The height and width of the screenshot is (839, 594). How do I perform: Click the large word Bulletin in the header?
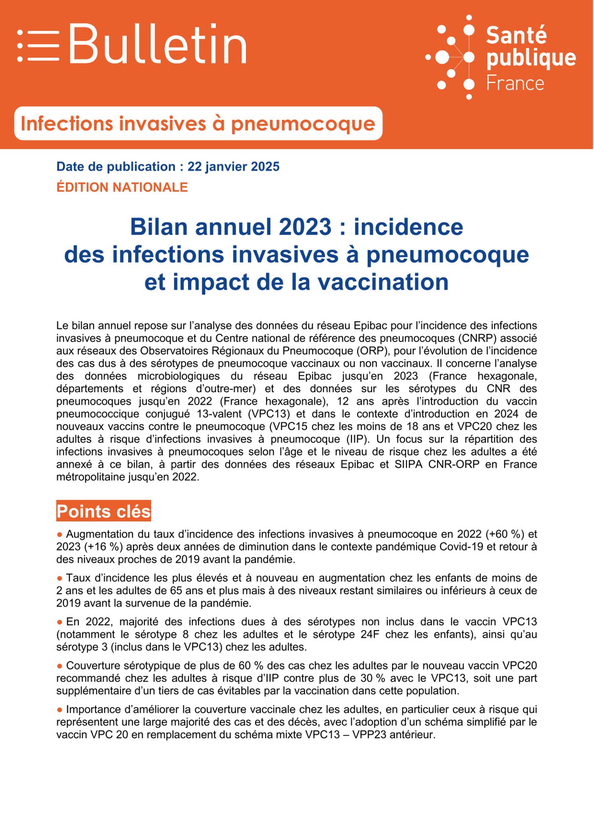[157, 44]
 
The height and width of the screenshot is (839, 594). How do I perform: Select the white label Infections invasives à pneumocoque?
[198, 123]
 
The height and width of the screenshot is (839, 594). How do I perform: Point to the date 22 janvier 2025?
[233, 167]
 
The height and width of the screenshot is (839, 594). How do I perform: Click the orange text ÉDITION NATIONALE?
[122, 187]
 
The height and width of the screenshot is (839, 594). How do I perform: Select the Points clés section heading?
[104, 511]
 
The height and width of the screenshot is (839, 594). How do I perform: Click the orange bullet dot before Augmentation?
[60, 534]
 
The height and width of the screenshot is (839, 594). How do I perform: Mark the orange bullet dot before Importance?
[60, 710]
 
